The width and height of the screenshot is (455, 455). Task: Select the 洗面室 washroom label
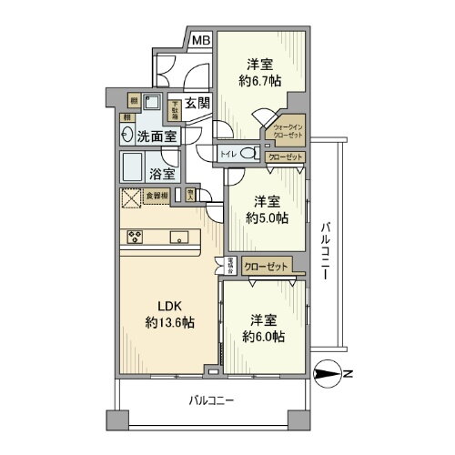(x=157, y=136)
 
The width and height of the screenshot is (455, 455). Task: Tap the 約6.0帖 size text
(x=263, y=336)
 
